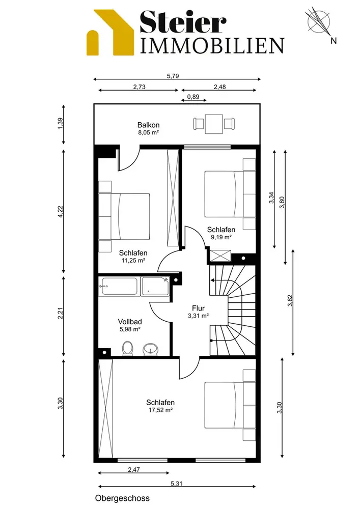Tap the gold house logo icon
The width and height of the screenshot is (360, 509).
point(110,33)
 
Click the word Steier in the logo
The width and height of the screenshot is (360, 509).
point(183,21)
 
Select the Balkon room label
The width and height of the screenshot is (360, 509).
point(148,125)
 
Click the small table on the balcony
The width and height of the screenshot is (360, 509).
point(214,124)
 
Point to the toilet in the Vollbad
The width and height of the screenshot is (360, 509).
point(128,349)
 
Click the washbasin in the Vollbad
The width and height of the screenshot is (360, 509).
point(151,349)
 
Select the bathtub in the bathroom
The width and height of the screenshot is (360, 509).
point(119,286)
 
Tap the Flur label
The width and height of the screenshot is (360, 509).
point(198,308)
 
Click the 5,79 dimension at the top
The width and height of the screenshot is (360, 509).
point(173,76)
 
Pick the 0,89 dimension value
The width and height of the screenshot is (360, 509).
point(193,97)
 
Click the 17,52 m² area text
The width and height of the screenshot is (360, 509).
point(160,410)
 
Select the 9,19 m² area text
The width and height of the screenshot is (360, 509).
point(221,237)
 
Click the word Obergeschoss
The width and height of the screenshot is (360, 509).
point(122,498)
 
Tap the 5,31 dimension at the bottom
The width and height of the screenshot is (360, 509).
point(177,484)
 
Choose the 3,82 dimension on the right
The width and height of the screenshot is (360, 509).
point(290,300)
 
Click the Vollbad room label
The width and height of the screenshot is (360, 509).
point(130,322)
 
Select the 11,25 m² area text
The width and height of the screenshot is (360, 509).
point(133,260)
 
